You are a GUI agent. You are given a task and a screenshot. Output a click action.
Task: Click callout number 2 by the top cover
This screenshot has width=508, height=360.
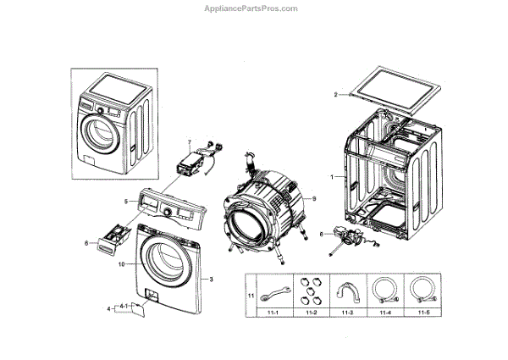[x=335, y=94]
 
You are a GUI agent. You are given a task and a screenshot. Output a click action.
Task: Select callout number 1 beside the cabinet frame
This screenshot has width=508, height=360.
[x=333, y=177]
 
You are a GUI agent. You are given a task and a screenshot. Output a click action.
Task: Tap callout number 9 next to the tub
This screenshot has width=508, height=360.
[x=312, y=198]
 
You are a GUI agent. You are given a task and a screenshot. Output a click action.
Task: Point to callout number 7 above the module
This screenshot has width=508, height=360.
[x=190, y=141]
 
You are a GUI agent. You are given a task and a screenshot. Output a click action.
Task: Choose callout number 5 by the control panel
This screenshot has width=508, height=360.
[x=125, y=201]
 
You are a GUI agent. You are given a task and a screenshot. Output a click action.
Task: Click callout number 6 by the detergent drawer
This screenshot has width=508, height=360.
[x=86, y=244]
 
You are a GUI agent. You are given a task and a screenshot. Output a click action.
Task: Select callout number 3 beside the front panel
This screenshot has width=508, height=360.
[x=211, y=279]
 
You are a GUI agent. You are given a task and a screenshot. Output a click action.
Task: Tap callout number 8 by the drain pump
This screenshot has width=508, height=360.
[x=322, y=233]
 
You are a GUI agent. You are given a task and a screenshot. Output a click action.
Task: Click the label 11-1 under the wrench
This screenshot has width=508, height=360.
[x=271, y=314]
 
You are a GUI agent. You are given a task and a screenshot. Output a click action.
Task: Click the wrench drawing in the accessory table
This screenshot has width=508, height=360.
[x=271, y=294]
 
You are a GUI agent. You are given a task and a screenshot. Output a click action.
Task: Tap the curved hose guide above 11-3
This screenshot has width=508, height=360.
[x=345, y=292]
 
